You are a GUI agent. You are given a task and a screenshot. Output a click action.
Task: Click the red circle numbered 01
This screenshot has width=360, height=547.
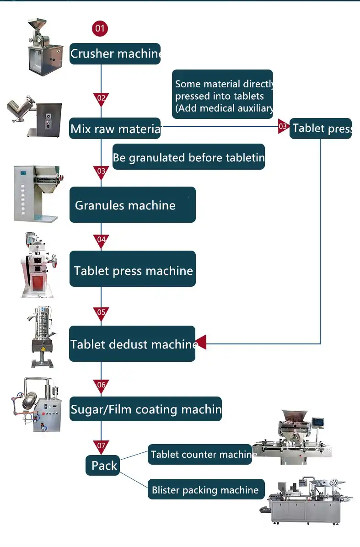coord(100,28)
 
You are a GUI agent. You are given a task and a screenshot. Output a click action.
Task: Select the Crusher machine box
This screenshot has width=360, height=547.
coord(115,54)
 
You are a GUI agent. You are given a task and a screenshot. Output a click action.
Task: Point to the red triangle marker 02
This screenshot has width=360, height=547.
coord(101,98)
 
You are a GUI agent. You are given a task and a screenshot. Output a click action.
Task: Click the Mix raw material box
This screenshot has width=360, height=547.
coord(115,129)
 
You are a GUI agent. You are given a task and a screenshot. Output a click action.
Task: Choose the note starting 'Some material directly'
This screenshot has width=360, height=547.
coord(223,96)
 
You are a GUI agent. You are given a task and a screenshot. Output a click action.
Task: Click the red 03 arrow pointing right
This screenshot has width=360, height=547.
coord(283,127)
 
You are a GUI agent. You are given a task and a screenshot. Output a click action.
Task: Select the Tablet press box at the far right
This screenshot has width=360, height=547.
coord(321,129)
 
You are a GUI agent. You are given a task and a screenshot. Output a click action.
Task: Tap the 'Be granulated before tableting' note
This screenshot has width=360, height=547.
coord(188,158)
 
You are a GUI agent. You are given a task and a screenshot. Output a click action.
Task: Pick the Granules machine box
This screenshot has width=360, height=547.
coord(132,205)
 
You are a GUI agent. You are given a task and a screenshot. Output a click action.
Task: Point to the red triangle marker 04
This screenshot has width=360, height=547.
coord(101,240)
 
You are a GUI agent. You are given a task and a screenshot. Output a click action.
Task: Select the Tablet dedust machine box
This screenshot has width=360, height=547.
coord(132,343)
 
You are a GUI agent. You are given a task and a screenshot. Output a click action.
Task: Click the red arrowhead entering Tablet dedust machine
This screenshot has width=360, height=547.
coord(201,342)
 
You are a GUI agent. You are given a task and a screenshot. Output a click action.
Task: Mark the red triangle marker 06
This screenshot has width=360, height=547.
coord(101,386)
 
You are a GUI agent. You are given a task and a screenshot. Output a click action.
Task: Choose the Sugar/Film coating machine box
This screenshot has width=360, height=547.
coord(145,409)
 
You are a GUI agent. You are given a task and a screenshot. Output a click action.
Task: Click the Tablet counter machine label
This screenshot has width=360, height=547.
coord(200,454)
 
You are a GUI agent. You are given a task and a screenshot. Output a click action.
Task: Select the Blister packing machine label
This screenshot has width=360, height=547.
coord(206,490)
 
